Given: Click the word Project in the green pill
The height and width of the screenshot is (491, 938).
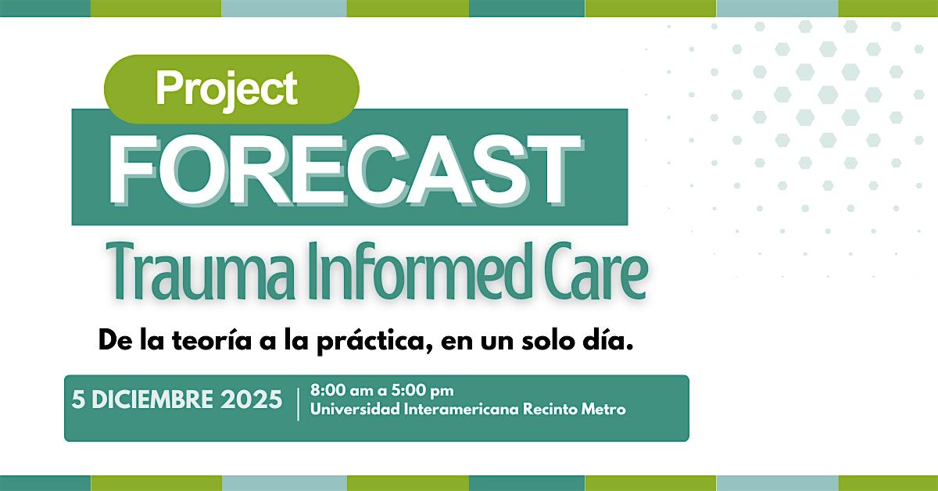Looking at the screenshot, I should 227,88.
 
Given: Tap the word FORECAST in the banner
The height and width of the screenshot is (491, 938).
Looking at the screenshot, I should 344,167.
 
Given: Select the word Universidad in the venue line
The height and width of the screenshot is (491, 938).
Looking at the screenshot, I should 353,409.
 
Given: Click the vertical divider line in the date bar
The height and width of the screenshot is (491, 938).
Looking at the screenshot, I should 298,403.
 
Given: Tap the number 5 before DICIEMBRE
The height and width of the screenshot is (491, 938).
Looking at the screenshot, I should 77,400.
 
